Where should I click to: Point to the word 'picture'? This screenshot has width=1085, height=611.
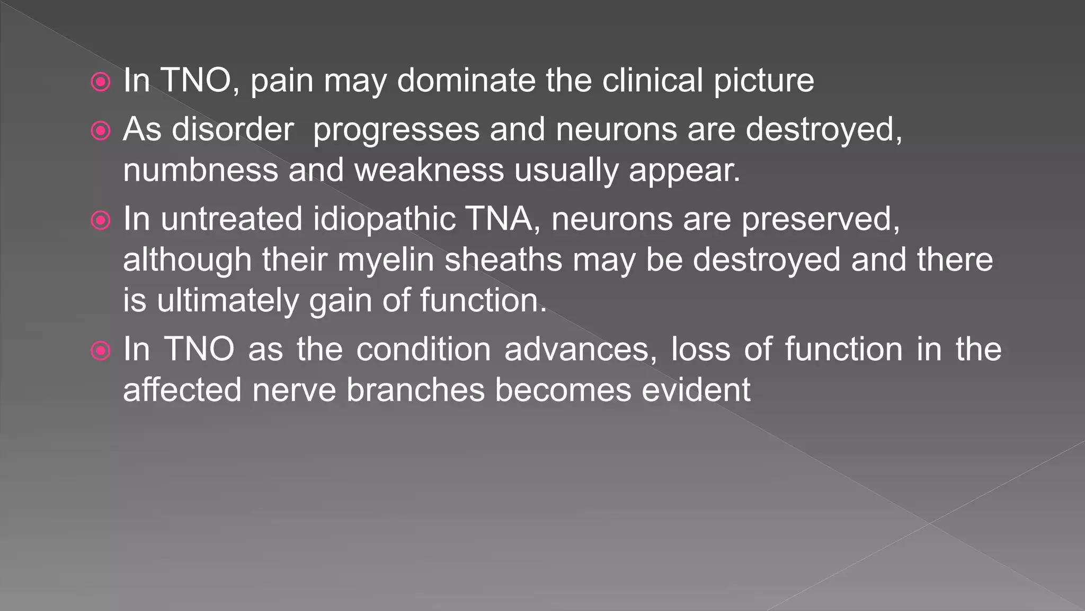click(763, 81)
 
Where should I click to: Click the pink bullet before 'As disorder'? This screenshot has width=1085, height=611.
click(101, 130)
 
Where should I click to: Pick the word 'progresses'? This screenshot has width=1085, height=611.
click(396, 130)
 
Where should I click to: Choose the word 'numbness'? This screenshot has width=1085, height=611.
click(201, 170)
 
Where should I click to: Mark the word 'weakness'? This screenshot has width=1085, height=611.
click(429, 170)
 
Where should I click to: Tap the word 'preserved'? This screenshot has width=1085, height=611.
click(820, 220)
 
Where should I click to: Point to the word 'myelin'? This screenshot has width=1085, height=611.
click(386, 260)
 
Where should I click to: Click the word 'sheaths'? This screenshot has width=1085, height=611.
click(503, 259)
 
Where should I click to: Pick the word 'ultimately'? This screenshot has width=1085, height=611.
click(228, 301)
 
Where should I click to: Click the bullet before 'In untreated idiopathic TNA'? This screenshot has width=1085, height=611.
click(101, 220)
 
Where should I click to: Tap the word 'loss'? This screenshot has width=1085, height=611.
click(700, 350)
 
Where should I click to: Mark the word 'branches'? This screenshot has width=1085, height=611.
click(416, 390)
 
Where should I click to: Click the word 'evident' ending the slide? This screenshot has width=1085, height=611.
click(696, 390)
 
